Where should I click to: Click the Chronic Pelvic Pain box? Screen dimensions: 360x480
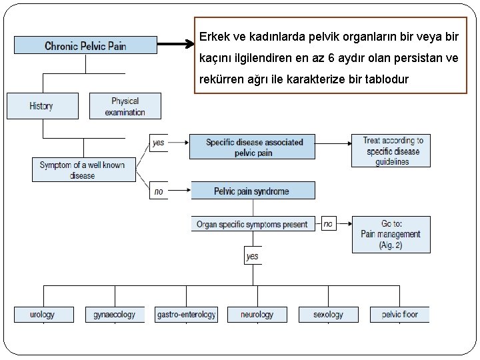(x=85, y=45)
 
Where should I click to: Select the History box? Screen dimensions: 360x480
(x=42, y=106)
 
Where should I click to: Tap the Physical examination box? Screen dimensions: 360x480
(x=125, y=106)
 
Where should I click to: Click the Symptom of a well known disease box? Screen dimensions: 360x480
(x=83, y=170)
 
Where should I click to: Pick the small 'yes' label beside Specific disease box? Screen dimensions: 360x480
(x=159, y=143)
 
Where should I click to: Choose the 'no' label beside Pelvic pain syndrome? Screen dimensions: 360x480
(x=159, y=191)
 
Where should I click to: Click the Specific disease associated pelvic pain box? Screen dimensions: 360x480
(x=253, y=147)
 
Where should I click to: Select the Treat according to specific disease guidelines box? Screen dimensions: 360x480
(x=391, y=151)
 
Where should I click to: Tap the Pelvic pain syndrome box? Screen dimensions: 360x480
(x=253, y=191)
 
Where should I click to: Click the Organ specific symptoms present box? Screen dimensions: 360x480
(x=253, y=225)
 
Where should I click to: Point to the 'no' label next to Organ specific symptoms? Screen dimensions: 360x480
(x=328, y=224)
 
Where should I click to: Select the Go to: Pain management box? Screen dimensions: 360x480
(x=391, y=234)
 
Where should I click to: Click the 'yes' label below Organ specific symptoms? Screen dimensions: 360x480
(x=253, y=256)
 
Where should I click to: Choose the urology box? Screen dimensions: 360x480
(x=43, y=314)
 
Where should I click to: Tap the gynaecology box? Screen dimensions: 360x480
(x=115, y=314)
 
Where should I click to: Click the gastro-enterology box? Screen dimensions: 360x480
(x=186, y=314)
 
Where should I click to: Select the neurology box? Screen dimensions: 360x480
(x=257, y=314)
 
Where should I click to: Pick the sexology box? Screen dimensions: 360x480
(x=328, y=314)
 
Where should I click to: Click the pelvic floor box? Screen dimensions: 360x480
(x=400, y=314)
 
